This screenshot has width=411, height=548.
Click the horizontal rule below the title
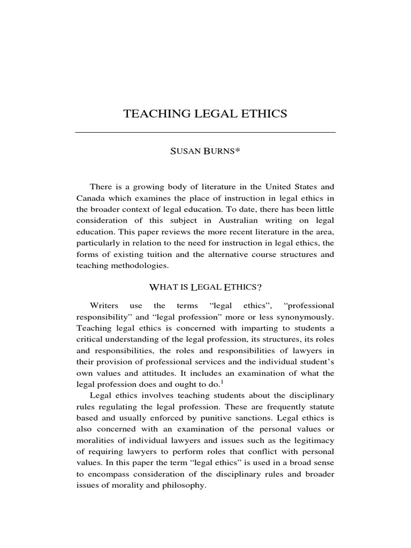(x=205, y=132)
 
